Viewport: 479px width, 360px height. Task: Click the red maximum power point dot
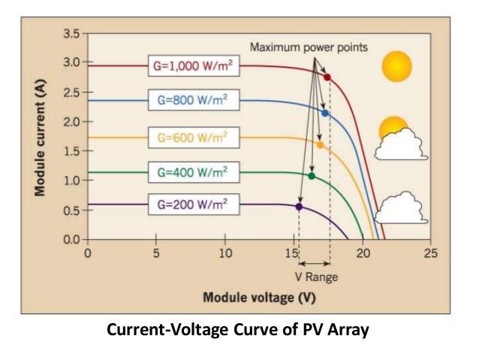pos(327,77)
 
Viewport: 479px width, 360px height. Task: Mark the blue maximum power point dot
pos(325,113)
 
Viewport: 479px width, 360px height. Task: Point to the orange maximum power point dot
pos(320,144)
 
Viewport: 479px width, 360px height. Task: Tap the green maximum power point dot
pos(312,176)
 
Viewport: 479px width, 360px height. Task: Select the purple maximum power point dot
pos(299,206)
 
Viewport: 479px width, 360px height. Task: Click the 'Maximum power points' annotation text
pos(309,47)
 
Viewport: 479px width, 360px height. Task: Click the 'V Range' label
pos(316,277)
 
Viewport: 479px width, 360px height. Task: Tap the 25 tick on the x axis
pos(429,253)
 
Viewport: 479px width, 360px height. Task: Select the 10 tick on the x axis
pos(224,253)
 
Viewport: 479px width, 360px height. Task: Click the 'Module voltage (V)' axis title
pos(259,298)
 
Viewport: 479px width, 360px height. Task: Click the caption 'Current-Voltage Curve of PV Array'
pos(239,329)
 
